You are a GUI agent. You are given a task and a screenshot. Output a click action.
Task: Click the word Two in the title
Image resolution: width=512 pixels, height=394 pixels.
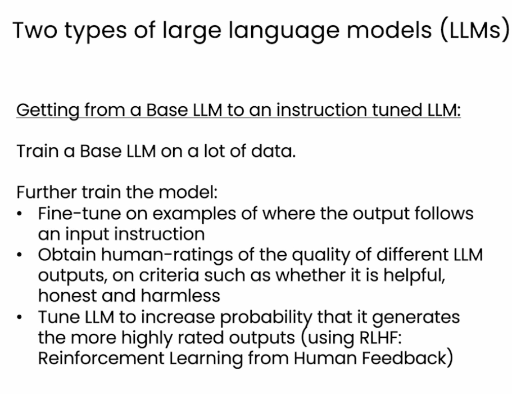[x=35, y=30]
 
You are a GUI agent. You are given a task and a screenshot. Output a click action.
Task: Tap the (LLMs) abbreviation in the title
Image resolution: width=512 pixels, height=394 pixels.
[x=475, y=31]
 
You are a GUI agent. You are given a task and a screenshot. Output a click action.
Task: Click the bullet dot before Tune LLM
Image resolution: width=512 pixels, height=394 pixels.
[x=20, y=316]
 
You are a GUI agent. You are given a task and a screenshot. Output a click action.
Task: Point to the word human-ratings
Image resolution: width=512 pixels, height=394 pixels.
[x=167, y=256]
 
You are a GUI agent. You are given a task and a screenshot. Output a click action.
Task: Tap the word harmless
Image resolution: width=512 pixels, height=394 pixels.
[x=180, y=296]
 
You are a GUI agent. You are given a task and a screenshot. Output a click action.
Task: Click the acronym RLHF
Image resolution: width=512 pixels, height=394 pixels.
[x=380, y=338]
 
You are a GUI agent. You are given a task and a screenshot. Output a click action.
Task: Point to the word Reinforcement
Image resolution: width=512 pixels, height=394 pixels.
[x=101, y=358]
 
